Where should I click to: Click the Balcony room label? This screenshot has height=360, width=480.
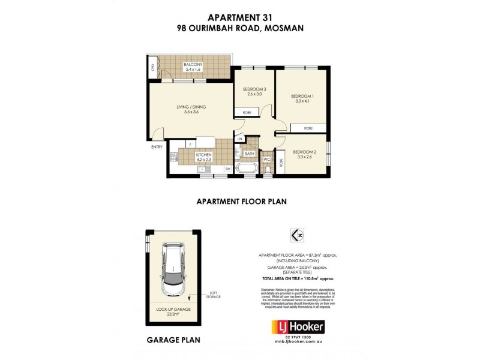[x=193, y=67]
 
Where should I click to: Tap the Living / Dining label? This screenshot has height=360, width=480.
[x=187, y=110]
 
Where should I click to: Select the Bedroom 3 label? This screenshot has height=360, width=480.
[x=256, y=92]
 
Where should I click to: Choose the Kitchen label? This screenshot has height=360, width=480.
[x=204, y=157]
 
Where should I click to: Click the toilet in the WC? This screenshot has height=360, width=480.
[x=268, y=170]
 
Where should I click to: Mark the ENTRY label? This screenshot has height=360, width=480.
[x=157, y=147]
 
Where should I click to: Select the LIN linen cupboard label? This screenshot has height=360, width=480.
[x=239, y=139]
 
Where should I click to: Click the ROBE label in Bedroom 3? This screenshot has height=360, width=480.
[x=247, y=113]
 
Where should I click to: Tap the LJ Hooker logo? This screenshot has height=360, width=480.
[x=298, y=327]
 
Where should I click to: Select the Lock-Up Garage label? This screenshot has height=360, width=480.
[x=173, y=311]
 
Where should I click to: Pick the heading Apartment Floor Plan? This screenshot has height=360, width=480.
[x=239, y=202]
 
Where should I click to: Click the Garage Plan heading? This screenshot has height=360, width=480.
[x=173, y=340]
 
